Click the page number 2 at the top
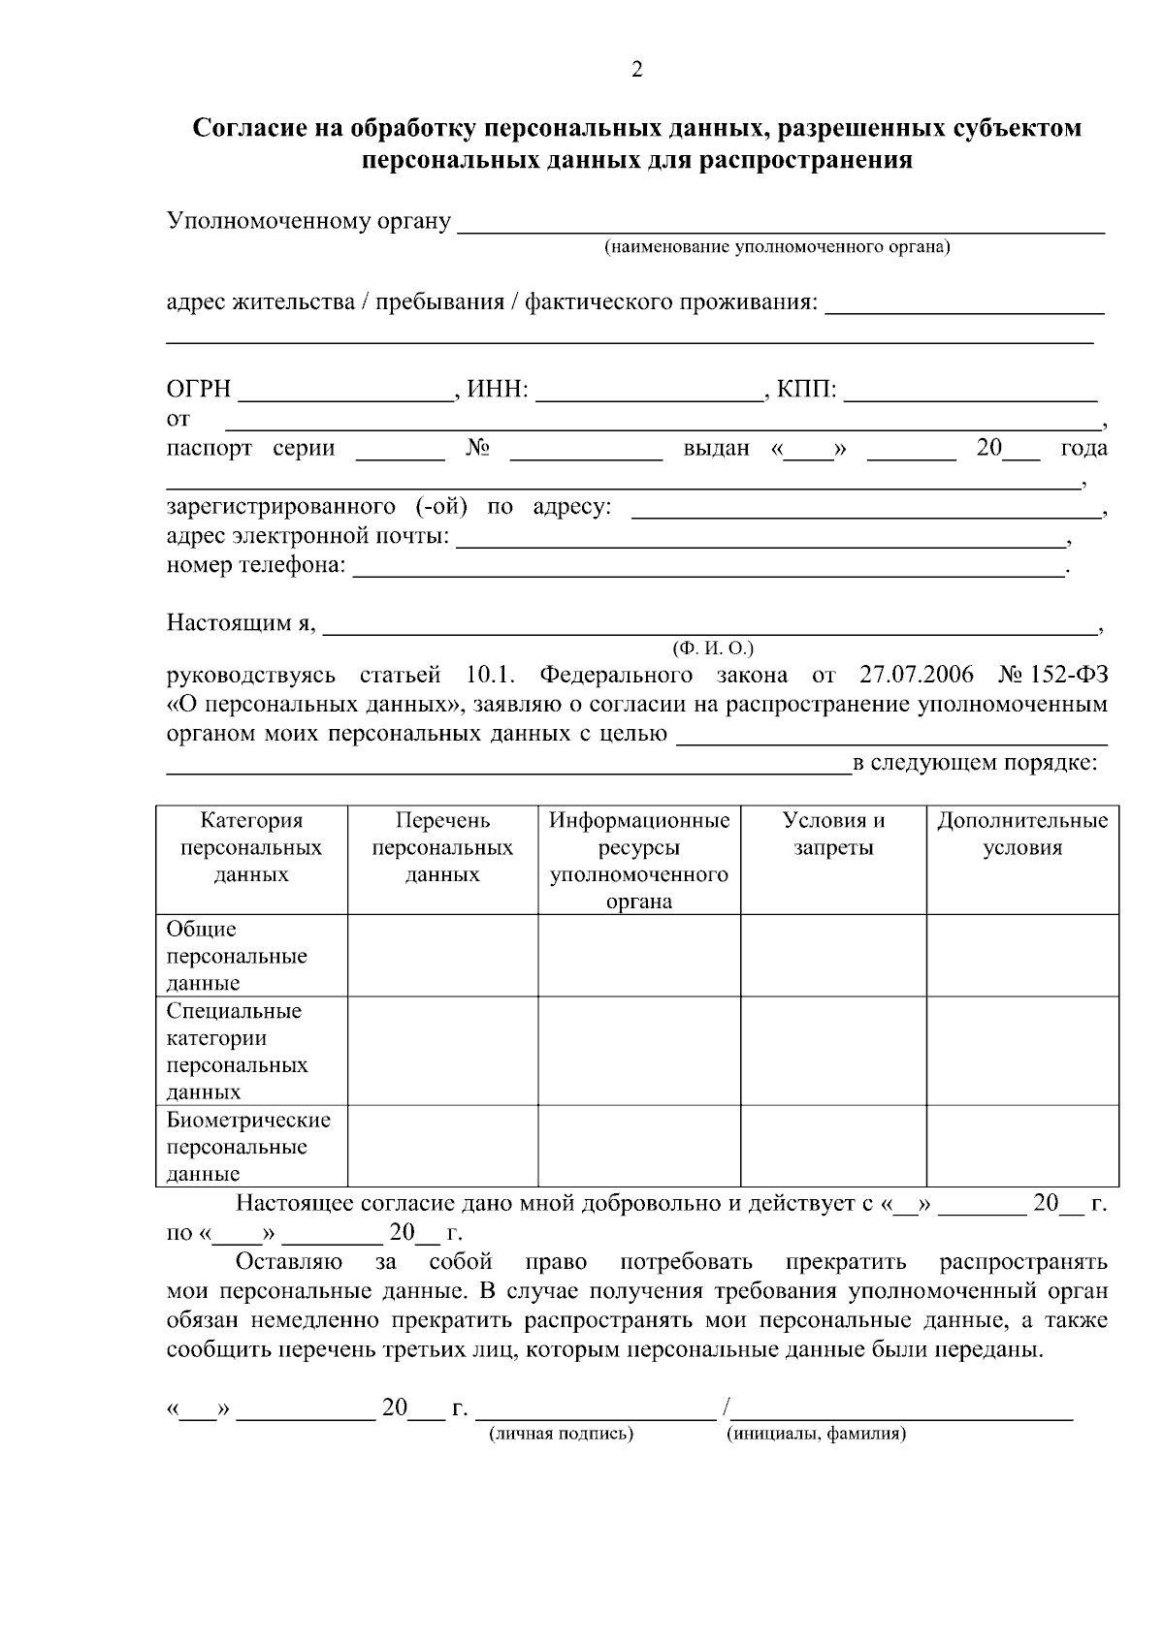tap(637, 70)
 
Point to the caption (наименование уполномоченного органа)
tap(777, 247)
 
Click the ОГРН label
tap(199, 390)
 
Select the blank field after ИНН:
tap(647, 393)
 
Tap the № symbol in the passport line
tap(476, 448)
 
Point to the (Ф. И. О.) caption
tap(713, 648)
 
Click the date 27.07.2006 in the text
tap(916, 675)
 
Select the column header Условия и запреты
tap(833, 835)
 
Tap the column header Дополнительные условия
tap(1021, 835)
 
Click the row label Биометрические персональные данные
tap(248, 1147)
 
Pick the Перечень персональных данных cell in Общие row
tap(442, 955)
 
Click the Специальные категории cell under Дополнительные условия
tap(1021, 1050)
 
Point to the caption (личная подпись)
tap(561, 1434)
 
